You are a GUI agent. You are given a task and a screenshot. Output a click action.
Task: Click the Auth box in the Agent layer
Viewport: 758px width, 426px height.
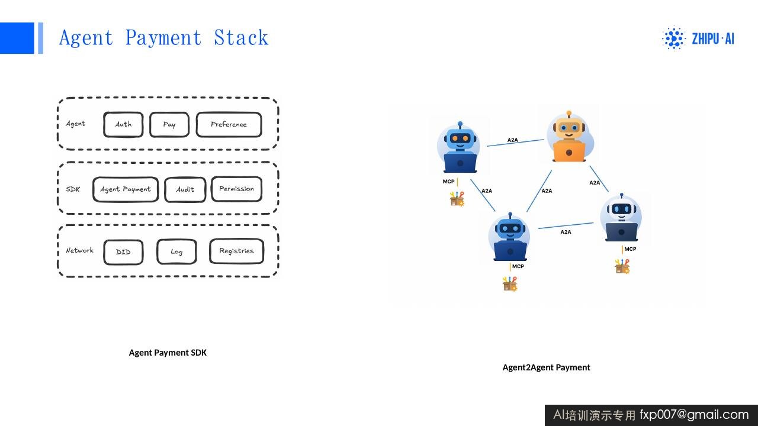[123, 124]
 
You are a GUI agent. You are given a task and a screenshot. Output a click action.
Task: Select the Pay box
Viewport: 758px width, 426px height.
[169, 124]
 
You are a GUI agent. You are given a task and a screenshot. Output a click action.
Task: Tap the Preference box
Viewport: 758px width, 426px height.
[229, 124]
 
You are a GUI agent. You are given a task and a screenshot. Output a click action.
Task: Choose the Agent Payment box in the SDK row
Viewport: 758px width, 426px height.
[126, 189]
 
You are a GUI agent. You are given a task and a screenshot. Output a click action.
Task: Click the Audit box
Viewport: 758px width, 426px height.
[185, 189]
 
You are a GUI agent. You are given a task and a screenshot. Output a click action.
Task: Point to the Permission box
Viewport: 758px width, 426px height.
[236, 189]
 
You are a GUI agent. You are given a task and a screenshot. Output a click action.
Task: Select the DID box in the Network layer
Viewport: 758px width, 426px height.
[123, 252]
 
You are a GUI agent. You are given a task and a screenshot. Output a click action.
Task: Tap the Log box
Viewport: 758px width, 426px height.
[176, 251]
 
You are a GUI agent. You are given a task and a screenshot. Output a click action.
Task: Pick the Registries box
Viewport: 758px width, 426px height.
[236, 251]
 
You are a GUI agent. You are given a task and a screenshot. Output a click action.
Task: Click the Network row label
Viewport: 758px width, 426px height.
[79, 250]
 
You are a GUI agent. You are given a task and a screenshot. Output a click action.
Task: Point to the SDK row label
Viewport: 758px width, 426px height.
[73, 189]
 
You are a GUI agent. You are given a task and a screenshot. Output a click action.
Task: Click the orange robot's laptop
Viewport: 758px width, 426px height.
[569, 151]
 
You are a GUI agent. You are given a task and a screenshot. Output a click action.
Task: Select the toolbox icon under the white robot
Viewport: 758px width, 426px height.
[622, 266]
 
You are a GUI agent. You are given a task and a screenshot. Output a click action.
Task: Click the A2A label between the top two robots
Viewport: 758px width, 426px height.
[512, 140]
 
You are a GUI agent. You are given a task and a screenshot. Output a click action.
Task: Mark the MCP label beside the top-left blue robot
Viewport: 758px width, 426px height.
[448, 182]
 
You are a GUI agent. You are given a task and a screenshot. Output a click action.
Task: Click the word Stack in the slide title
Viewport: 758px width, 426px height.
[241, 37]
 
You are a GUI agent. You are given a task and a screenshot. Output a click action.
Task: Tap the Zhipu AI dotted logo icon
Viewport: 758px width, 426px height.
[673, 38]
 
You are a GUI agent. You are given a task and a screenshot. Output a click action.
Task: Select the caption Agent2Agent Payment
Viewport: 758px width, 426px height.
[546, 367]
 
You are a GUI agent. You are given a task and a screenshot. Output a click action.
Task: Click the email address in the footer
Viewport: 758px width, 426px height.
[694, 415]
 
